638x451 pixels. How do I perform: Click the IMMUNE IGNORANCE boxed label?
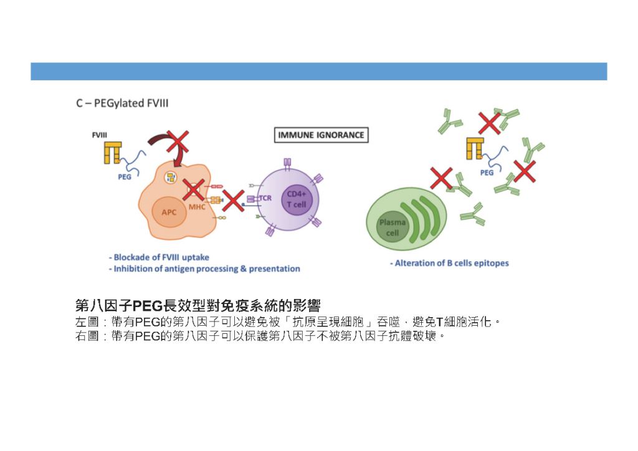coord(321,135)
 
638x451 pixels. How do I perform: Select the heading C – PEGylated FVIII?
coord(122,103)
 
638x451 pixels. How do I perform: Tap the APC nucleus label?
coord(169,212)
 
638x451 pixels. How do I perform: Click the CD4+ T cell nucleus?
coord(297,199)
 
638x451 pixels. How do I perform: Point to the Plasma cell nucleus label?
coord(392,227)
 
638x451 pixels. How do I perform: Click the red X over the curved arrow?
coord(177,142)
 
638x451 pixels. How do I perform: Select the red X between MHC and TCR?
coord(234,201)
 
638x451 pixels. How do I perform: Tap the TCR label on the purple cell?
coord(265,198)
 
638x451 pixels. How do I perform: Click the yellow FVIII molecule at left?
coord(112,153)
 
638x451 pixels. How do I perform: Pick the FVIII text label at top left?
coord(99,135)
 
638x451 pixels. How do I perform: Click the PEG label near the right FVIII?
coord(487,173)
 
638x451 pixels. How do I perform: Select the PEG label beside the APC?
coord(125,177)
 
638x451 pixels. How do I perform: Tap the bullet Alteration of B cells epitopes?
coord(449,263)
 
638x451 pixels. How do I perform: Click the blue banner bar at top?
coord(318,71)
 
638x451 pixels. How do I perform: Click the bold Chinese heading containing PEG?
coord(198,305)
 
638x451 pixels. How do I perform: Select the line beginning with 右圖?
coord(260,336)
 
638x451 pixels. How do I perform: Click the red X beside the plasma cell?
coord(442,178)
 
